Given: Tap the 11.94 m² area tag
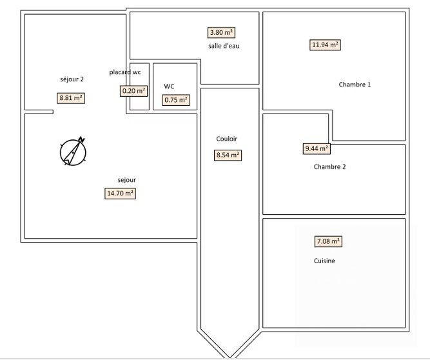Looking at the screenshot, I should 326,45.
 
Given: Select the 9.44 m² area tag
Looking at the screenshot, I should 317,148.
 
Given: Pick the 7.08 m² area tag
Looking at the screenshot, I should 328,242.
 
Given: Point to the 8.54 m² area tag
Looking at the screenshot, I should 228,155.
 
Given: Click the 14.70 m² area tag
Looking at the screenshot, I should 121,193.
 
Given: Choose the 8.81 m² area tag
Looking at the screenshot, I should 71,98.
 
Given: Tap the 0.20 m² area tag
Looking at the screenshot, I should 134,91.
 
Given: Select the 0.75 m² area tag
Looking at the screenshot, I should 176,100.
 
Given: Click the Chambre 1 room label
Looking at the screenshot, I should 355,85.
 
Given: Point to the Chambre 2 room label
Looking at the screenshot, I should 329,166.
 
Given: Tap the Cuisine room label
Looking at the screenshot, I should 324,261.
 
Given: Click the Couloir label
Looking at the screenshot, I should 227,139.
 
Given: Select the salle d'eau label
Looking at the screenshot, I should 224,46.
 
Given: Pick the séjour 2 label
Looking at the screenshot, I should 72,79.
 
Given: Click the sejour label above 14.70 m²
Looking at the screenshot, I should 126,180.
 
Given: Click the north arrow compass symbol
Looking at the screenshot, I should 73,152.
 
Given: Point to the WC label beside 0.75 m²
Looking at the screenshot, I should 169,86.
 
